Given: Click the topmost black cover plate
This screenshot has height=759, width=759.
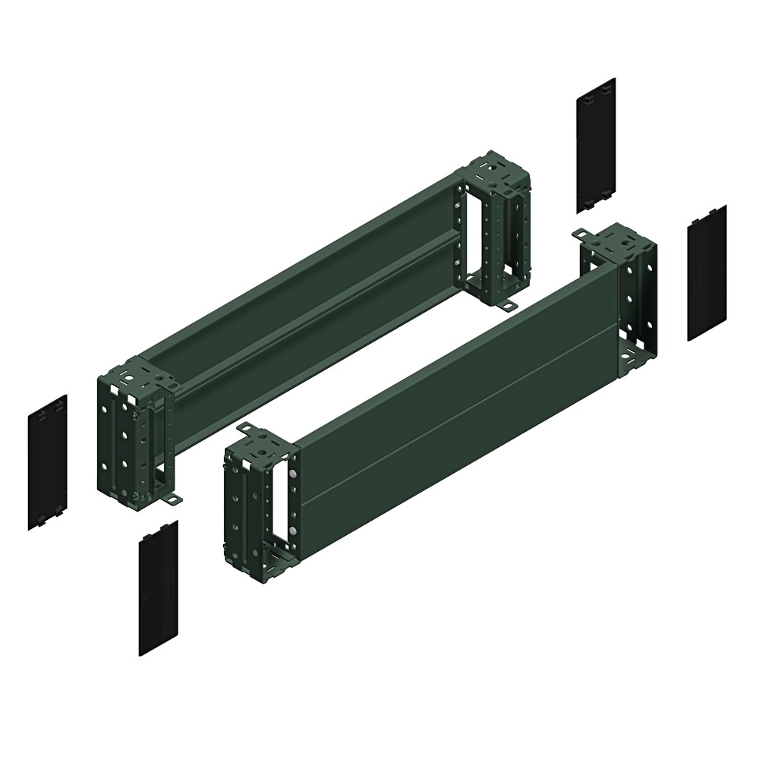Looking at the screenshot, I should [596, 144].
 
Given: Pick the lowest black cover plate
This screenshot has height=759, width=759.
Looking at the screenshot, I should [158, 587].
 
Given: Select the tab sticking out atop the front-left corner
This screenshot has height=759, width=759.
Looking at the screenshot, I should [247, 430].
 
